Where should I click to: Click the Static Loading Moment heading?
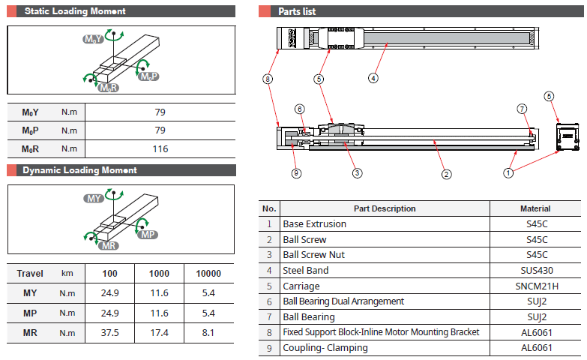click(x=75, y=11)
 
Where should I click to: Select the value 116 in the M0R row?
click(x=160, y=149)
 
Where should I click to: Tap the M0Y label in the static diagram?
click(x=93, y=39)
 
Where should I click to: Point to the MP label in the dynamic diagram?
click(x=148, y=235)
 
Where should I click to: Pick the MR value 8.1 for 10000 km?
click(x=208, y=333)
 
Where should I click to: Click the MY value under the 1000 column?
click(x=159, y=293)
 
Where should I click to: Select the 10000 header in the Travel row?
click(x=208, y=274)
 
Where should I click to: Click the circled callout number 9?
click(x=296, y=173)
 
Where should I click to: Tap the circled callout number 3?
click(x=357, y=173)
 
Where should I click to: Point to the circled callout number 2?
click(x=446, y=174)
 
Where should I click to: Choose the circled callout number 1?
click(x=508, y=173)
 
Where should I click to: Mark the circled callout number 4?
click(x=373, y=78)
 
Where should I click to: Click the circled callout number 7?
click(x=522, y=109)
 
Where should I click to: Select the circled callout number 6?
click(x=299, y=109)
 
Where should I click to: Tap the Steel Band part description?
click(x=305, y=271)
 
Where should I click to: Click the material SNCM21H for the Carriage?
click(x=537, y=286)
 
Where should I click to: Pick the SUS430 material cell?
click(x=537, y=271)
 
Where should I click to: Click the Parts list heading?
click(x=297, y=11)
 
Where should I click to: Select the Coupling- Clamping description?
click(x=325, y=348)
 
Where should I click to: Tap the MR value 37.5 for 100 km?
click(x=109, y=333)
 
